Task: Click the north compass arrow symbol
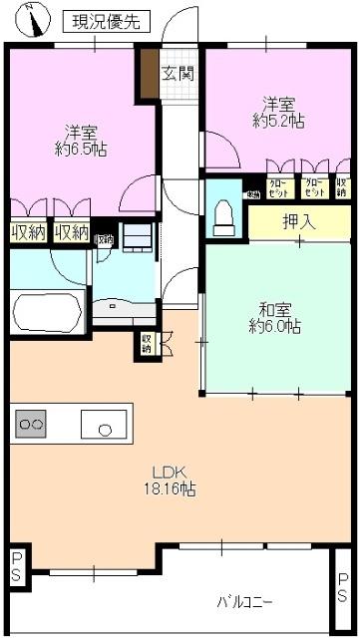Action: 37,19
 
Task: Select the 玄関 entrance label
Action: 179,72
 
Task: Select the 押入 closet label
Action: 298,221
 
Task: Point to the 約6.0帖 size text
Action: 274,326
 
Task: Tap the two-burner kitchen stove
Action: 31,425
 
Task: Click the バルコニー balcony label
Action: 245,602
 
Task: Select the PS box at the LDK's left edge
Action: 17,568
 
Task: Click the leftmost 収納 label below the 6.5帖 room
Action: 27,233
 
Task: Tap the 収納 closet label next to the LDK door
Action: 147,343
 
